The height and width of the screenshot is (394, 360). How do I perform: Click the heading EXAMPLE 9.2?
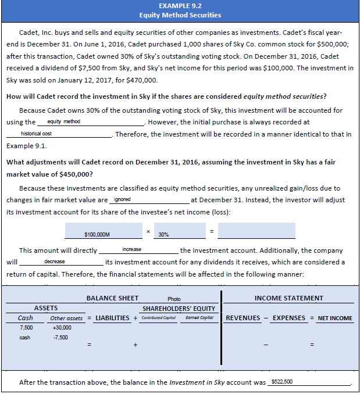[x=180, y=5]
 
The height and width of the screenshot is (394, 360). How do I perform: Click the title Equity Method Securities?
[x=180, y=15]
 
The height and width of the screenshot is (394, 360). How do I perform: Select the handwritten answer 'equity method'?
[x=64, y=121]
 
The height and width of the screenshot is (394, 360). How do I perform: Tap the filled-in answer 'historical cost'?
[x=37, y=134]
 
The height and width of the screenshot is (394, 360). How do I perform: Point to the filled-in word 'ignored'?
[x=123, y=199]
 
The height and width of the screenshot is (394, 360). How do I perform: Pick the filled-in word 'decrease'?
[x=55, y=262]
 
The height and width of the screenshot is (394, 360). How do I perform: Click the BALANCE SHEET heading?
[x=112, y=298]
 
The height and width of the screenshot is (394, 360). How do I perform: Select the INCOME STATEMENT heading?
[x=289, y=298]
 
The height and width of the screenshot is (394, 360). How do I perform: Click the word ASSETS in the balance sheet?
[x=46, y=308]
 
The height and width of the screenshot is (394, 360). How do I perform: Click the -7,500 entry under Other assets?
[x=60, y=337]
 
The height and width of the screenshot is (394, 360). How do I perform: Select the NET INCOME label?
[x=335, y=318]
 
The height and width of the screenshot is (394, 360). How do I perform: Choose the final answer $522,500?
[x=281, y=381]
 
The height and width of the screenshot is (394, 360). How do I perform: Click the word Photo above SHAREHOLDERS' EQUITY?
[x=174, y=299]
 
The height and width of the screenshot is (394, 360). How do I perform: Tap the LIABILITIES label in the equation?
[x=112, y=318]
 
